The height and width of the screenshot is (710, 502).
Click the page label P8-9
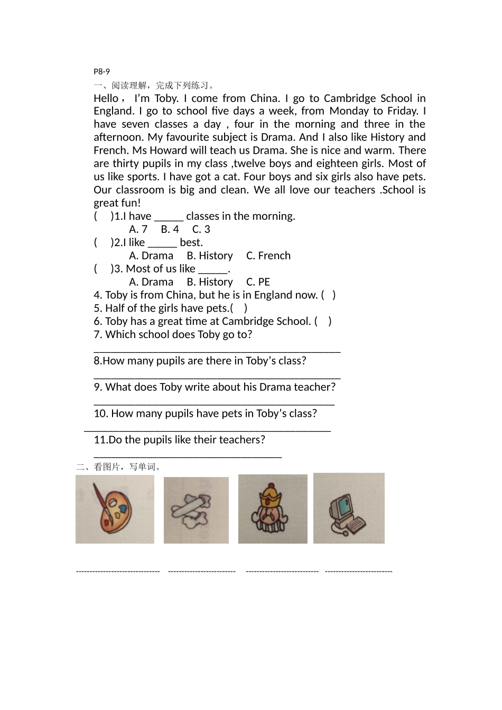coord(101,71)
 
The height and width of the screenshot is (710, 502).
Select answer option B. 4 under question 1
coord(170,229)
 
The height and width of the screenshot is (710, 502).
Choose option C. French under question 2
coord(268,256)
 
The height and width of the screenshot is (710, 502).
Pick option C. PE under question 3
coord(258,282)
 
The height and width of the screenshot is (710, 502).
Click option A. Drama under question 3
coord(151,282)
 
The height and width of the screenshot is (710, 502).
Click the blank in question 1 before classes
coord(169,217)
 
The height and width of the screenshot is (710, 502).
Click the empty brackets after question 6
coord(323,321)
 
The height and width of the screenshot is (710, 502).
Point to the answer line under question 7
coord(217,351)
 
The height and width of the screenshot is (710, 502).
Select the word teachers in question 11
coord(240,440)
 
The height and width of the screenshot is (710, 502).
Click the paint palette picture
coord(115,509)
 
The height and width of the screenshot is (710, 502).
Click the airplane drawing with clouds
coord(194,510)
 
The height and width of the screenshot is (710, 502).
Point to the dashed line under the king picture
coord(282,571)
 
